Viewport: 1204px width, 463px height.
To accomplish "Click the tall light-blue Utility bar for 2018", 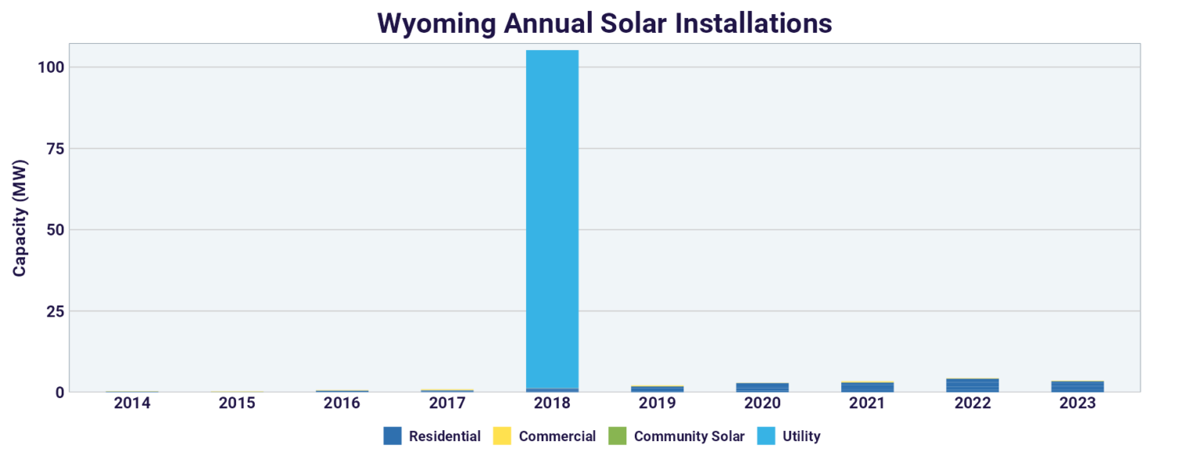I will pos(552,219).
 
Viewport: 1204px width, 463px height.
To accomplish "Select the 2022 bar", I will pos(972,385).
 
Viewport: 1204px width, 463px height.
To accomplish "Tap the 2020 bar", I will pos(762,387).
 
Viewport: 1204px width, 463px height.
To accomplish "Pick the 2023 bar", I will pos(1077,386).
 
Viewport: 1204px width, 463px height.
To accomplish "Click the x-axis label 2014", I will pos(132,403).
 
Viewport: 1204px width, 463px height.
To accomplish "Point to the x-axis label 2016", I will pos(342,403).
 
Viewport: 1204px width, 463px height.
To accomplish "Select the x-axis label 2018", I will pos(552,403).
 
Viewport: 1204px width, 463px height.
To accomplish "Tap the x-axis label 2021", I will pos(867,403).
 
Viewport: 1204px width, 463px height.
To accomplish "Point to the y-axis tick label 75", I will pos(55,149).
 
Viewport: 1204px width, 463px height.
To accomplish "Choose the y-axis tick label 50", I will pos(55,230).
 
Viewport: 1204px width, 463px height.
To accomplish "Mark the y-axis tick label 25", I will pos(55,311).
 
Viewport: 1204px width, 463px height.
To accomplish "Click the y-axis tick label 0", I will pos(60,392).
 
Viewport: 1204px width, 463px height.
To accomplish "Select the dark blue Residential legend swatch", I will pos(392,436).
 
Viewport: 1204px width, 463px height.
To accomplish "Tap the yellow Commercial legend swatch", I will pos(502,436).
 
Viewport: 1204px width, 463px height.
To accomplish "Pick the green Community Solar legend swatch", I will pos(617,436).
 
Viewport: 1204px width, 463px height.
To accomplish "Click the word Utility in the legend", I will pos(801,436).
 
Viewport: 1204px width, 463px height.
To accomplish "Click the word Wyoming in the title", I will pos(434,23).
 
